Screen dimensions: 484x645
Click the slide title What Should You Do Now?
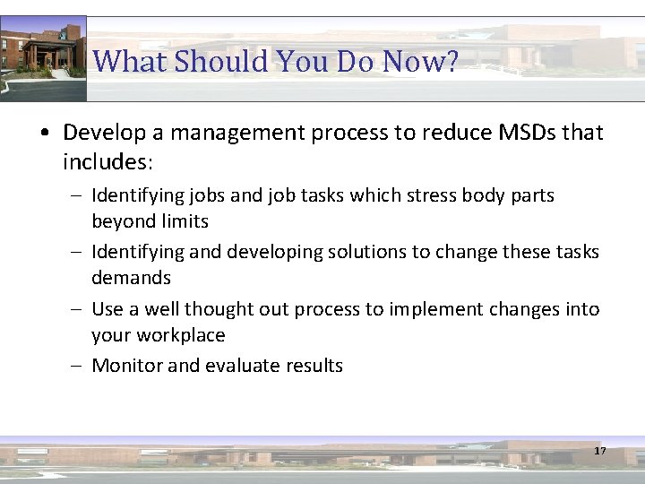(x=275, y=62)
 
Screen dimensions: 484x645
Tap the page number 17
(x=599, y=451)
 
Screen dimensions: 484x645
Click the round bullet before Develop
(x=45, y=134)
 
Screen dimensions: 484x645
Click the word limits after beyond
(x=185, y=221)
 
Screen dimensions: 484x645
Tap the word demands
(x=131, y=278)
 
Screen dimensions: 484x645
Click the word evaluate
(x=241, y=366)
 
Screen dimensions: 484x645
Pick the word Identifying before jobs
(x=137, y=195)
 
